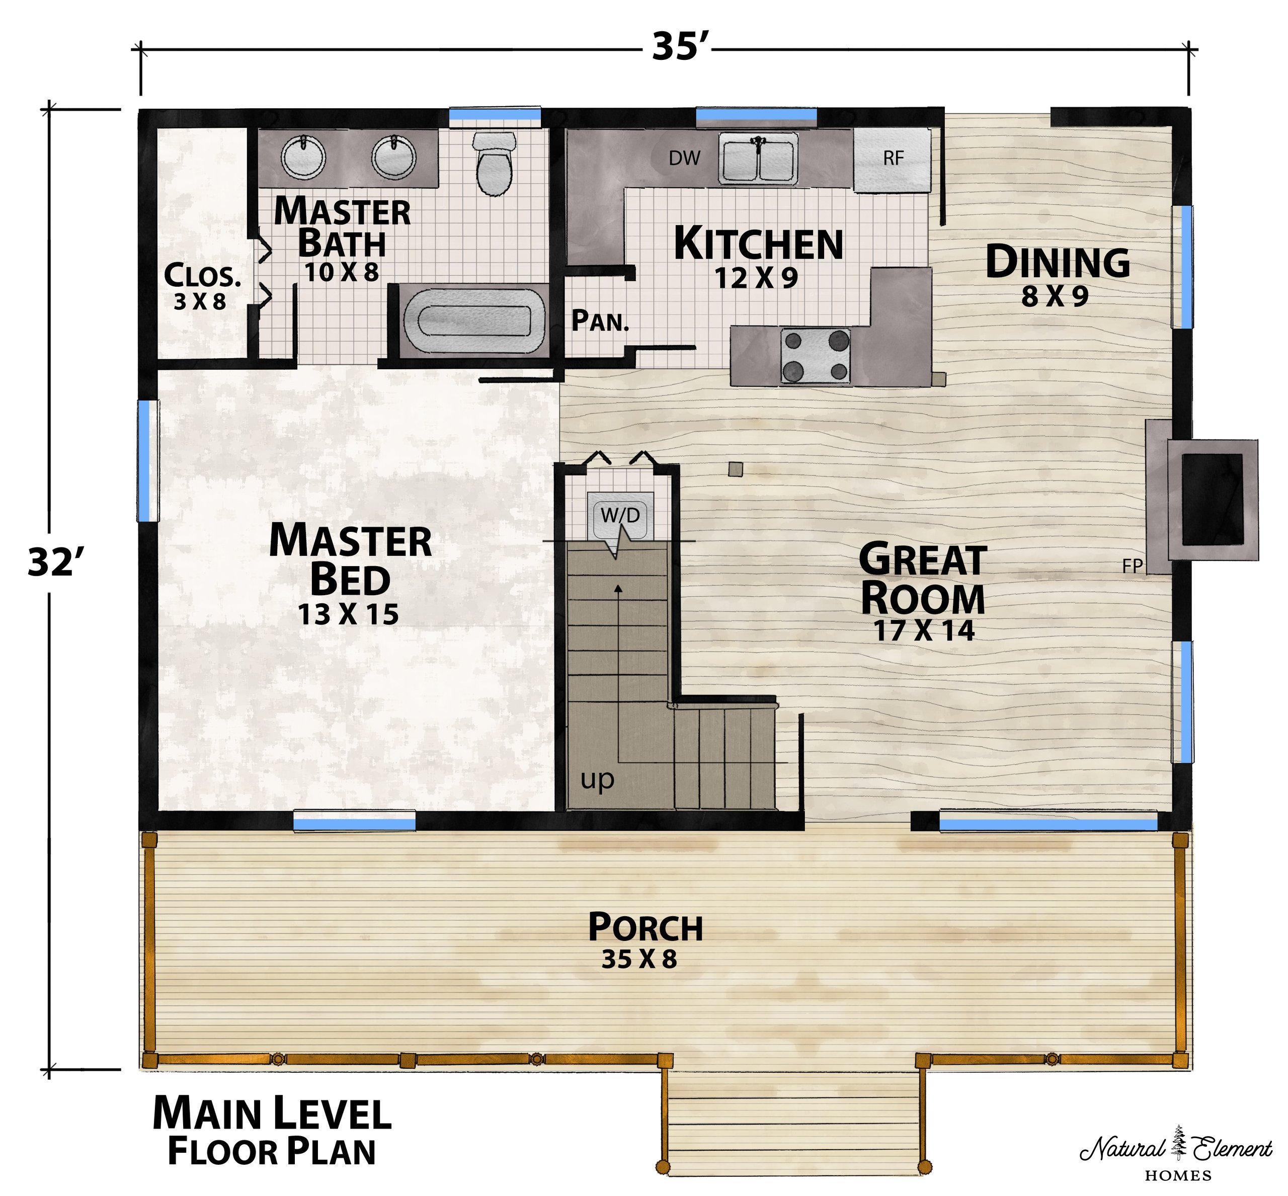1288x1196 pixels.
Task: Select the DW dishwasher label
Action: click(685, 157)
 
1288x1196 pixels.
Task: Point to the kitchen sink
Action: click(758, 158)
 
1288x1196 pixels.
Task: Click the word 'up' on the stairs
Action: click(597, 780)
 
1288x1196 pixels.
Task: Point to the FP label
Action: click(1132, 566)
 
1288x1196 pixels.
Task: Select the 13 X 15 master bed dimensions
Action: click(348, 614)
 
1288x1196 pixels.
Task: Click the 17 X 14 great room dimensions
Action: click(924, 630)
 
